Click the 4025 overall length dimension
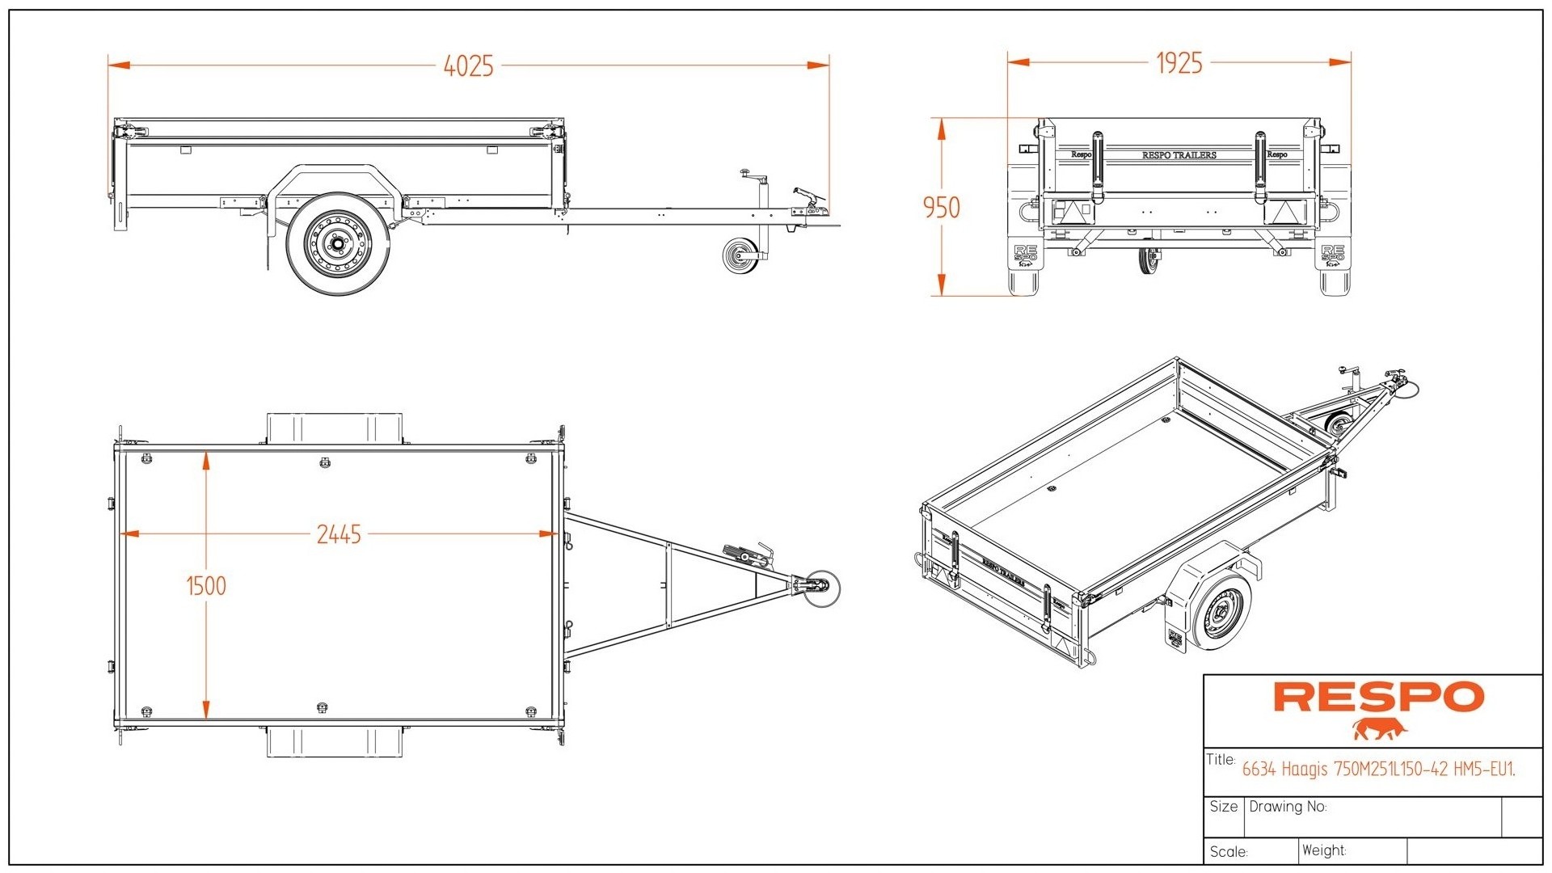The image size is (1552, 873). (468, 65)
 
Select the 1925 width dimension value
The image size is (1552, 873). (1179, 63)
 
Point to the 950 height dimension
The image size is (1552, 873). (941, 208)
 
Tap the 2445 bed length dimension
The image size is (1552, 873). (338, 534)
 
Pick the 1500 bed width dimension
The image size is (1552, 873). (206, 585)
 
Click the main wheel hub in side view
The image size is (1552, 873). (336, 244)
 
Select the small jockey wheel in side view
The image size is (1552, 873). (738, 256)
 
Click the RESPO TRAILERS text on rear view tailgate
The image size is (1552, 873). (1179, 155)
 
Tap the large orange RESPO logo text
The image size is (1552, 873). (1378, 697)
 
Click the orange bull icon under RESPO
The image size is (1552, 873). (1380, 730)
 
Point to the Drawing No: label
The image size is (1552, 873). (1288, 807)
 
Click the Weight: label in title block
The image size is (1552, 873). (1323, 850)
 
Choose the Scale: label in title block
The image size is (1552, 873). (1229, 852)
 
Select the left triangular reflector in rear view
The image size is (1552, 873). (1072, 212)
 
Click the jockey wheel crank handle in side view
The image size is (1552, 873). (753, 175)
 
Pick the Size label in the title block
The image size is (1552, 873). (1223, 807)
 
